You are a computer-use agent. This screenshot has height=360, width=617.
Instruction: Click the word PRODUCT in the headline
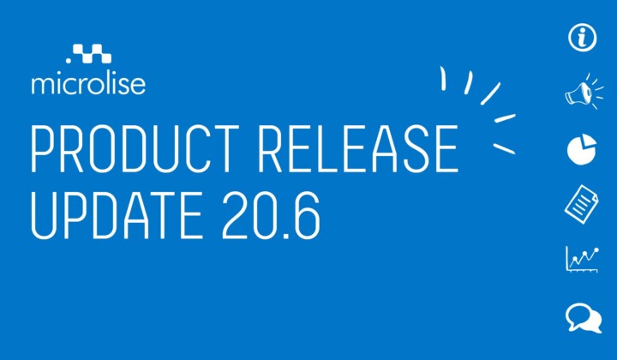coord(135,149)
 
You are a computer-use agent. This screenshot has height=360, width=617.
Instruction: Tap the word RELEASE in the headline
coord(358,149)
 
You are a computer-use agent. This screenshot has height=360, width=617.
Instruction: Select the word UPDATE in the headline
coord(117,215)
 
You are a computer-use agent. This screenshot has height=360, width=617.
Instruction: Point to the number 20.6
coord(272,215)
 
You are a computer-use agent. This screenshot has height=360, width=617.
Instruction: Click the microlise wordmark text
coord(88,84)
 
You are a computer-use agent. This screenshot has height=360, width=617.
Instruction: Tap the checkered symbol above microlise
coord(93,53)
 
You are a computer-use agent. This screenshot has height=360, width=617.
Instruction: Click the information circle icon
coord(583,38)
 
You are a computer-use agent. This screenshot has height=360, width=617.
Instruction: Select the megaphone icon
coord(584,92)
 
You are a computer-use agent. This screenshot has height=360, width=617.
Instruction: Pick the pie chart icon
coord(582,149)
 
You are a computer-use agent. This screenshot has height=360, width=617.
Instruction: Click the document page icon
coord(582,204)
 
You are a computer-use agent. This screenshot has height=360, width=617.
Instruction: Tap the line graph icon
coord(583,259)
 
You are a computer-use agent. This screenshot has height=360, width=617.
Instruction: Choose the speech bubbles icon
coord(584,318)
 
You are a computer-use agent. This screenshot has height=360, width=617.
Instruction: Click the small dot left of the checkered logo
coord(69,61)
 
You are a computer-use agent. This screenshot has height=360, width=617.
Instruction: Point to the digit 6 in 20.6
coord(307,216)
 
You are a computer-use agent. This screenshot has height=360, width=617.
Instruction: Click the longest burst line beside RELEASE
coord(490,93)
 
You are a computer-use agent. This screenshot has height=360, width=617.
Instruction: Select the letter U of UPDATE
coord(44,216)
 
